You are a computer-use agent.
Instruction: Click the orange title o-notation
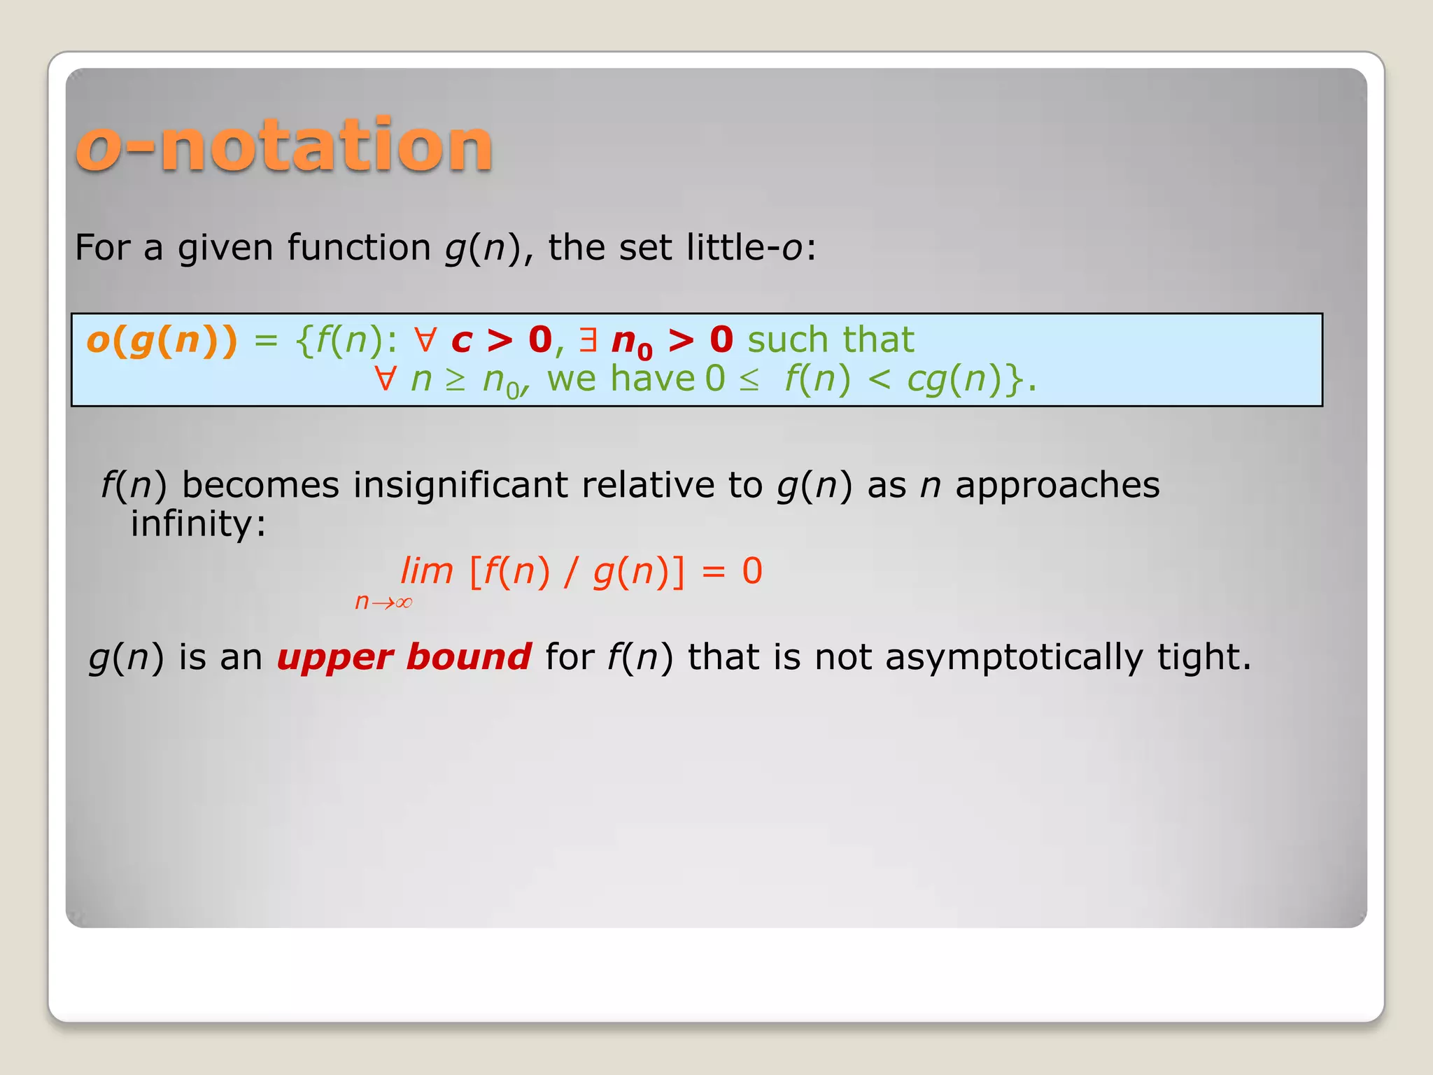[x=284, y=146]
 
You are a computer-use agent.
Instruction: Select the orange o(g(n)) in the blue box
[x=162, y=341]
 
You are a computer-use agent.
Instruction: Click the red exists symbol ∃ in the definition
[x=588, y=341]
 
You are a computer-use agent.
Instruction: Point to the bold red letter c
[x=462, y=341]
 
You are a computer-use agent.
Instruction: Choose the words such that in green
[x=831, y=341]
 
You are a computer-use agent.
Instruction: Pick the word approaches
[x=1057, y=485]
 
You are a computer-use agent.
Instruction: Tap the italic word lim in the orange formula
[x=427, y=571]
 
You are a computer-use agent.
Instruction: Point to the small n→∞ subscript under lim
[x=383, y=602]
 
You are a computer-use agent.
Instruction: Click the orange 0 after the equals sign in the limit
[x=752, y=571]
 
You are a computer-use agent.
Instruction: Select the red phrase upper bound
[x=404, y=657]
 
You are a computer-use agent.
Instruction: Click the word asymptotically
[x=1014, y=658]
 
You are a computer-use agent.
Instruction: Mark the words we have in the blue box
[x=621, y=379]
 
